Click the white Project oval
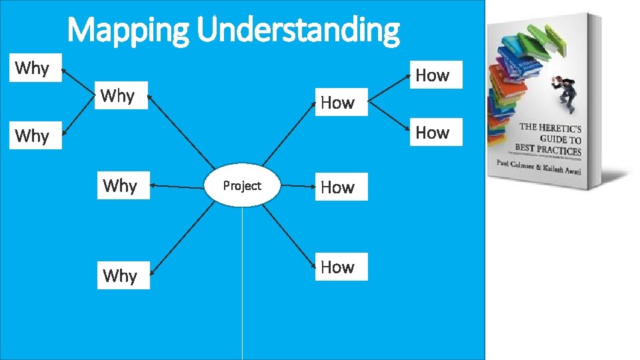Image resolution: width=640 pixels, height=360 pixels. point(242,186)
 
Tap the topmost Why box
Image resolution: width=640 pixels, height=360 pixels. point(33,67)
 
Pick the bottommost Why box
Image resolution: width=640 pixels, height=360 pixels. point(121,275)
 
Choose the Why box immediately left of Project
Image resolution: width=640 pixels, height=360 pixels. point(121,185)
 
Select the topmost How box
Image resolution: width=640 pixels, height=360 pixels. point(433,75)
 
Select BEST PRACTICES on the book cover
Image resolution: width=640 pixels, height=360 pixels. point(548,150)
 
